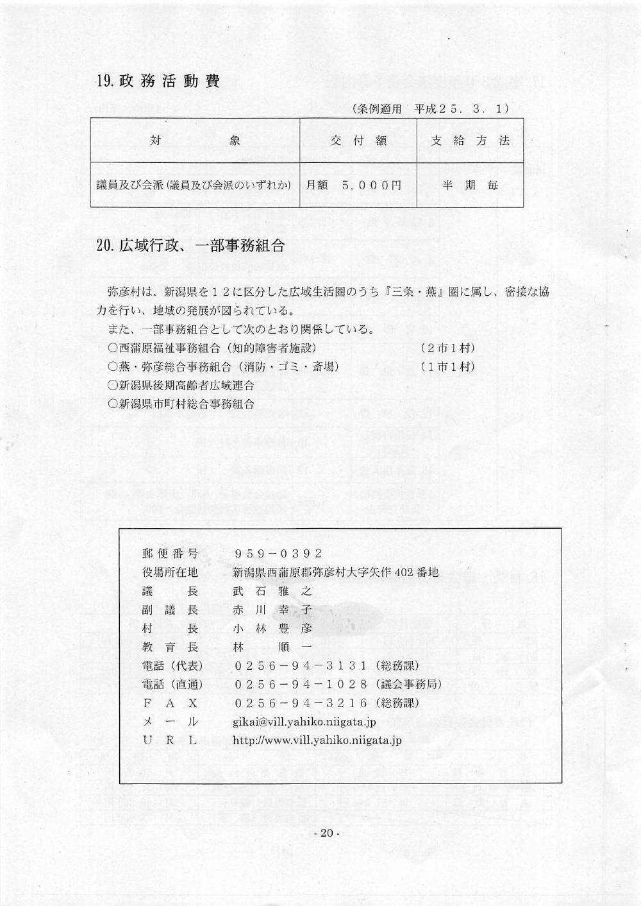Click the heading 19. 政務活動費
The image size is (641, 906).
coord(158,81)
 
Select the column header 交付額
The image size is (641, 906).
coord(358,141)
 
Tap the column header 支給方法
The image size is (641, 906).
coord(470,141)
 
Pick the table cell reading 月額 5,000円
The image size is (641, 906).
coord(354,185)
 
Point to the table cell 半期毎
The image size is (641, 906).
coord(470,185)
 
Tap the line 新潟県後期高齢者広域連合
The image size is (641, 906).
coord(181,385)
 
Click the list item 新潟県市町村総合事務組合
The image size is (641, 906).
coord(181,404)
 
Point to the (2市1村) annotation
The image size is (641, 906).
coord(448,348)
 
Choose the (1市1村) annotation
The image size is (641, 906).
coord(448,366)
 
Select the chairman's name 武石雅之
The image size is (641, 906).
coord(272,591)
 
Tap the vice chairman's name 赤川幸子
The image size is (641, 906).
coord(272,610)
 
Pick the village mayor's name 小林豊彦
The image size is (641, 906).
coord(272,628)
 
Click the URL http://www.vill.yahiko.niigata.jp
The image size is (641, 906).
coord(317,740)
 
